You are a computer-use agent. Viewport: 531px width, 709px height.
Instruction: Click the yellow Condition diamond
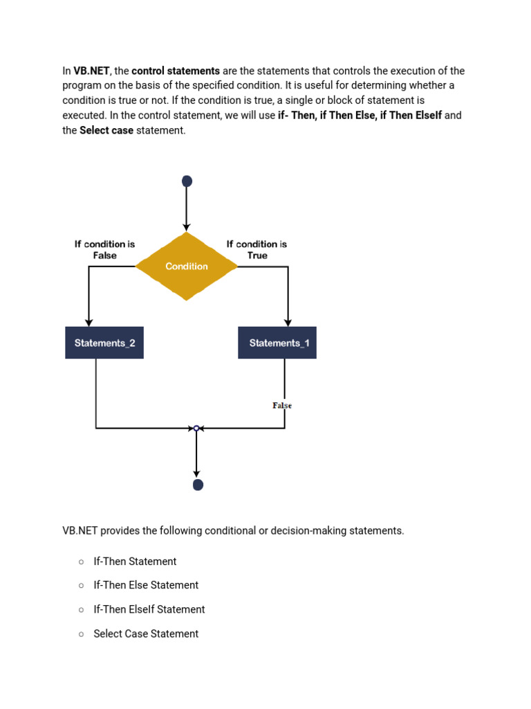coord(187,267)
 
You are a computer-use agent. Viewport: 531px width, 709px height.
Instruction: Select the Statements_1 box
coord(277,343)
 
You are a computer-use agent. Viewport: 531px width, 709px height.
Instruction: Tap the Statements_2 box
coord(104,343)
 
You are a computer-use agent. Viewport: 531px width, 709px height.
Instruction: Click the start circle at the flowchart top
coord(187,181)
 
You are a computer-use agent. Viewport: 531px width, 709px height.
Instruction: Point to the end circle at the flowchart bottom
coord(198,485)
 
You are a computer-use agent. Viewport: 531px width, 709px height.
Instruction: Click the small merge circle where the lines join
coord(196,429)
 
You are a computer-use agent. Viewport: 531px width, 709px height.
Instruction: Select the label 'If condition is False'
coord(105,249)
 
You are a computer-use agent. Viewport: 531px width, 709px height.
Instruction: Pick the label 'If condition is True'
coord(257,249)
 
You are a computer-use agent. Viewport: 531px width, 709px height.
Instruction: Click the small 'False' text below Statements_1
coord(282,405)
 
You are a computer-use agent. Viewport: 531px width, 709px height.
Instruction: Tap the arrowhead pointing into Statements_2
coord(89,322)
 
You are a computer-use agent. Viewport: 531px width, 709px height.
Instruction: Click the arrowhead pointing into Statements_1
coord(288,322)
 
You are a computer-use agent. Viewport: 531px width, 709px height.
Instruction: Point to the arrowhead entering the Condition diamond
coord(187,227)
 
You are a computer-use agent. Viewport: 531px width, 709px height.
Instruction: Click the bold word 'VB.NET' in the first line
coord(92,71)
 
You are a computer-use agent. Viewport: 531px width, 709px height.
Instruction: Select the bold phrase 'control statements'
coord(176,71)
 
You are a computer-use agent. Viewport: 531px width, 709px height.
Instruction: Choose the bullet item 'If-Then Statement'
coord(135,562)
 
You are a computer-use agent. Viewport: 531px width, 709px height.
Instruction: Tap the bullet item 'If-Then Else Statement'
coord(146,585)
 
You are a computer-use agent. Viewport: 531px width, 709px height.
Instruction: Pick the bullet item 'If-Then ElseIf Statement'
coord(149,609)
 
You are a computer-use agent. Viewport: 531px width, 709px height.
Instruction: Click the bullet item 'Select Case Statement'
coord(146,634)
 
